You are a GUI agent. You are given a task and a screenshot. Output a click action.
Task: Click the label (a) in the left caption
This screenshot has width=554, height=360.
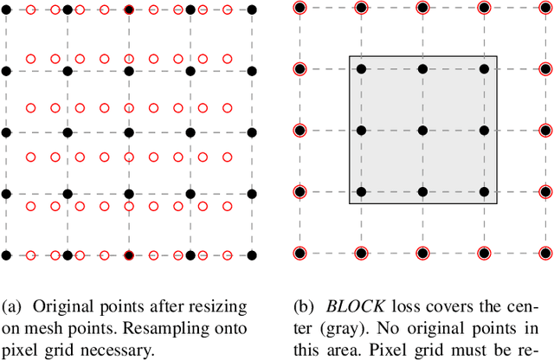click(x=15, y=307)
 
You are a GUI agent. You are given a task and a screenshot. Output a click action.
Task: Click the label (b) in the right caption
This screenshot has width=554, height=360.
click(x=310, y=307)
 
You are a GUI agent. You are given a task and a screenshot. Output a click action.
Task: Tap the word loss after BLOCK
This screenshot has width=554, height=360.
click(x=403, y=307)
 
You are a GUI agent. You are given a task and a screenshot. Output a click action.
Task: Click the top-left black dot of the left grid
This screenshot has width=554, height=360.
click(x=6, y=10)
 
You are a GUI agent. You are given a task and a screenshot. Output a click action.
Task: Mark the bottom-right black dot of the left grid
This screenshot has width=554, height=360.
click(x=252, y=254)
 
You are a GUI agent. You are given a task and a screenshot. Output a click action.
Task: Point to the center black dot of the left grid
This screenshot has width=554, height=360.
click(x=129, y=132)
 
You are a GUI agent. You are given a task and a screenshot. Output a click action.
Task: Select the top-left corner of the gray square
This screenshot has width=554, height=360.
click(x=350, y=57)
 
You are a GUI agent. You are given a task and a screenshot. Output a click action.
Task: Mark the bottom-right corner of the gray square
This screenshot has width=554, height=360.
click(x=497, y=203)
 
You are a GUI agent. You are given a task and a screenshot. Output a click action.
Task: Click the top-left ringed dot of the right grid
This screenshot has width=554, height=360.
click(x=300, y=9)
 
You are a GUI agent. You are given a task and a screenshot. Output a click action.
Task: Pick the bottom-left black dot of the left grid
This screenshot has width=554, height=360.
click(x=6, y=254)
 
